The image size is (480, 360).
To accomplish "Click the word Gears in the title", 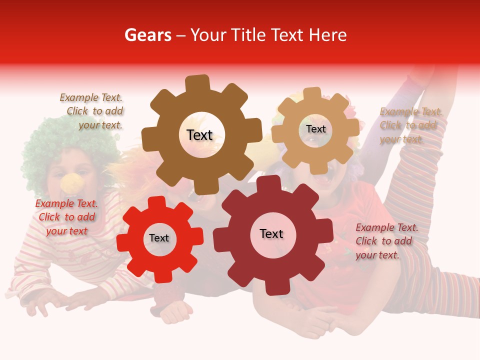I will [147, 35].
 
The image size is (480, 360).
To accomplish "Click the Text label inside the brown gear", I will [199, 135].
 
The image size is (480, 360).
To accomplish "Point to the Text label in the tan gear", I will [315, 129].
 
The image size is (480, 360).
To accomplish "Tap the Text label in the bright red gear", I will [159, 238].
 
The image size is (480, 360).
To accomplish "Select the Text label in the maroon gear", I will [271, 233].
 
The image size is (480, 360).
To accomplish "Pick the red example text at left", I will [66, 217].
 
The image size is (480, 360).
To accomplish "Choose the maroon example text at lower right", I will [386, 241].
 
